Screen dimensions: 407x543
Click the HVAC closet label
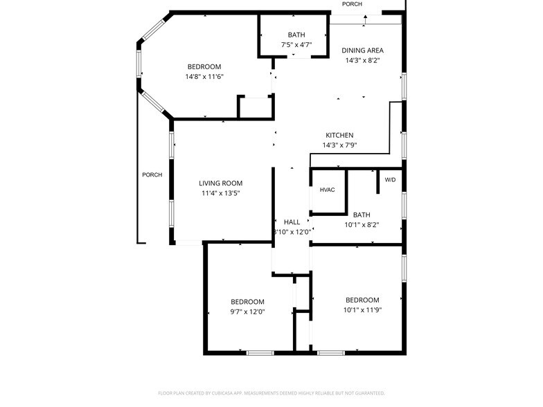coord(327,190)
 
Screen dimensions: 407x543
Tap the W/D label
coord(390,180)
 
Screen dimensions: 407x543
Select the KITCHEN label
coord(339,135)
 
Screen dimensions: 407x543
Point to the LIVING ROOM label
coord(220,183)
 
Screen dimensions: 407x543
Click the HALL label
coord(292,221)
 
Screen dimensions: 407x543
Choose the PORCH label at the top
coord(352,4)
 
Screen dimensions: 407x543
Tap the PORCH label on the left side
coord(152,174)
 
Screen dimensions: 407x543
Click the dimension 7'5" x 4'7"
coord(296,45)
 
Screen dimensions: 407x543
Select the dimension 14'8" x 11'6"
coord(204,77)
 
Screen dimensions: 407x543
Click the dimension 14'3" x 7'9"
coord(339,145)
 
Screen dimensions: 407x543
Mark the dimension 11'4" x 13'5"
coord(220,193)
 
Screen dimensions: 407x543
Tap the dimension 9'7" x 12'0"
coord(247,311)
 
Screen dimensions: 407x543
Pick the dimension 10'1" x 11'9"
coord(364,309)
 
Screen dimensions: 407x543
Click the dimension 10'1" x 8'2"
coord(362,225)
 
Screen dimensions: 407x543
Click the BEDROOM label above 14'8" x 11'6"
coord(204,66)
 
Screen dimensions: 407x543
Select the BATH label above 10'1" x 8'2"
coord(362,215)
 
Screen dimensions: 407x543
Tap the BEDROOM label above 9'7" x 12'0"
coord(247,301)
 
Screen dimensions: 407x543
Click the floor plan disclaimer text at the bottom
coord(271,392)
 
